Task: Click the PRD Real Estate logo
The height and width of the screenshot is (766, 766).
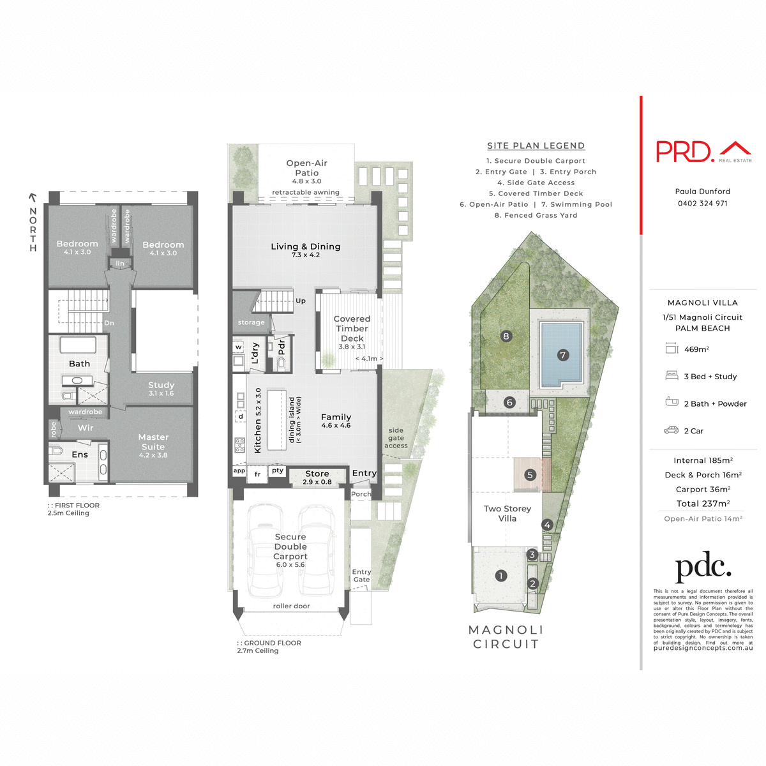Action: (x=703, y=151)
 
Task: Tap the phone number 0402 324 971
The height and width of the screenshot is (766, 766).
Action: (x=702, y=204)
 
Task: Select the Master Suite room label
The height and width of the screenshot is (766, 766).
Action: (x=153, y=442)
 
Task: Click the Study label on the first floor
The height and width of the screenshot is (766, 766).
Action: (x=161, y=385)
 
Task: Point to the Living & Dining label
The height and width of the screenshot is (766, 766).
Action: (x=305, y=247)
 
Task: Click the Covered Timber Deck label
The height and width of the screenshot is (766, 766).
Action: (x=352, y=329)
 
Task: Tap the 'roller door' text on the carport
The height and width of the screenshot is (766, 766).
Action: (x=291, y=606)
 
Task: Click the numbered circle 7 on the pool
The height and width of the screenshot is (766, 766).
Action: (x=562, y=355)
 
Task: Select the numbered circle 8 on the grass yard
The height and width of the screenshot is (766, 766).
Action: (x=506, y=336)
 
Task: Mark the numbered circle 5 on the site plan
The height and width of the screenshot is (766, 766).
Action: (x=530, y=475)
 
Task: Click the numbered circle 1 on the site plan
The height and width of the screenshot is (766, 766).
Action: (x=501, y=576)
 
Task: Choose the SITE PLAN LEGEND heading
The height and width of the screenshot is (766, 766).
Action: (x=536, y=146)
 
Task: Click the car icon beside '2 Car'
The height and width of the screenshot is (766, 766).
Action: (x=671, y=431)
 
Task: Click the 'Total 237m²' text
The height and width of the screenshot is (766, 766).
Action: (x=703, y=504)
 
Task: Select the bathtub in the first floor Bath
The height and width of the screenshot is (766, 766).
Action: (x=78, y=345)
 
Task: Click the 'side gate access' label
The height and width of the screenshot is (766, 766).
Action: (x=396, y=438)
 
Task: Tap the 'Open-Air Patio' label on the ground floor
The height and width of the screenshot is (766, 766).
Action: (x=306, y=168)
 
